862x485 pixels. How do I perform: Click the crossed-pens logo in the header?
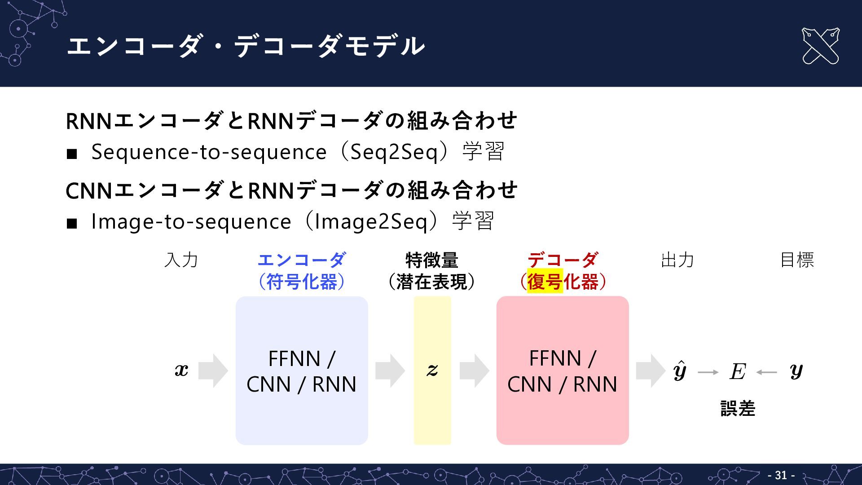(820, 46)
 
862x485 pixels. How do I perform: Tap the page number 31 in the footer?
(781, 475)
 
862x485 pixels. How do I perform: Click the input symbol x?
(181, 370)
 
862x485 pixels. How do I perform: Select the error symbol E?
(738, 371)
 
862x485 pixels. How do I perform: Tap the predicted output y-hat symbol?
(680, 370)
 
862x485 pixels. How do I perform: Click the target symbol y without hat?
(796, 371)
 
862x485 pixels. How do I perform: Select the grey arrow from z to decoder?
(474, 370)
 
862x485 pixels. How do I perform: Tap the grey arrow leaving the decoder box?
(651, 370)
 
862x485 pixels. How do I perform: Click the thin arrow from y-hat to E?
(708, 372)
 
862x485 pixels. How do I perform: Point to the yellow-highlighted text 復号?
(545, 282)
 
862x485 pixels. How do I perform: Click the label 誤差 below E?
(738, 409)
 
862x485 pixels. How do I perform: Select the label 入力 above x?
(181, 260)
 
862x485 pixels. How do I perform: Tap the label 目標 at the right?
(797, 260)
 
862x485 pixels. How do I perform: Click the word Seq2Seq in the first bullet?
(394, 152)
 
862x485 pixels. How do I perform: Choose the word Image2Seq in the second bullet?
(371, 221)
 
